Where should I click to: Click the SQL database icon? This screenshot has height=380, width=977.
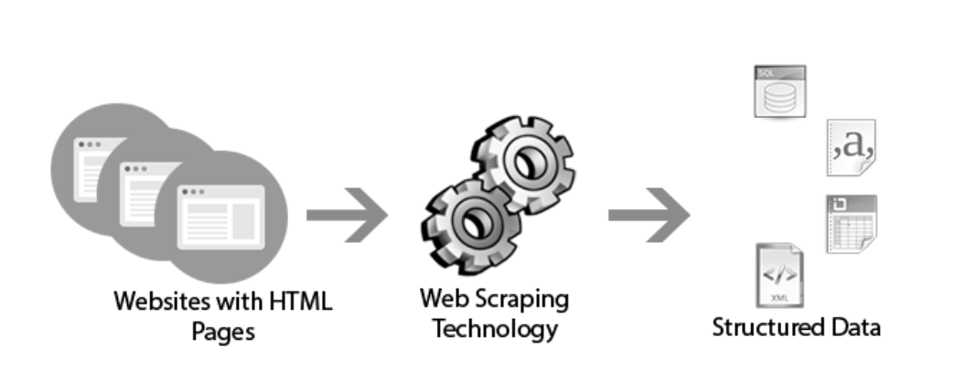[779, 90]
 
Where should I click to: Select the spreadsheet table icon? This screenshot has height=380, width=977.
[851, 224]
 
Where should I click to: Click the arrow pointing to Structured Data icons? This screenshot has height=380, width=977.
[649, 216]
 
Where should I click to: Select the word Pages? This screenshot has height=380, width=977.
[223, 330]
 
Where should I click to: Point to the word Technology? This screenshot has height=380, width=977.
[494, 327]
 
